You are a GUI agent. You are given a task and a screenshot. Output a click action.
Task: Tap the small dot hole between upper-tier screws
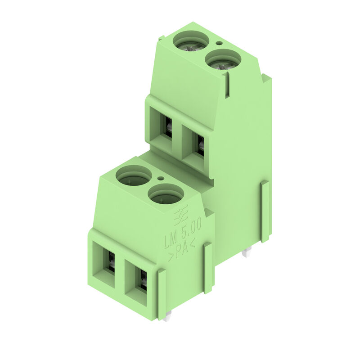click(219, 43)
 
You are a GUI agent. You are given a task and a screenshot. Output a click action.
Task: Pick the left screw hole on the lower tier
click(134, 175)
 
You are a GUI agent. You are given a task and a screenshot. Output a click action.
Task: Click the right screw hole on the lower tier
click(166, 194)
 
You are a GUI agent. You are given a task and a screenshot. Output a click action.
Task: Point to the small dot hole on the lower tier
click(161, 178)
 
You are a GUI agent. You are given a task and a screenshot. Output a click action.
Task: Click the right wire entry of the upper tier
click(197, 144)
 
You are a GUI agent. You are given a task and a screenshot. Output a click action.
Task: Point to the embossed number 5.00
click(192, 227)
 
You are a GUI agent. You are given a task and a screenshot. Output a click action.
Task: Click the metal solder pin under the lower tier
click(167, 317)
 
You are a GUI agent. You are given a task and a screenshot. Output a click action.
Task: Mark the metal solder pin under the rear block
click(245, 253)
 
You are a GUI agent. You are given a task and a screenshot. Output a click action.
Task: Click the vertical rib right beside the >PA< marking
click(207, 268)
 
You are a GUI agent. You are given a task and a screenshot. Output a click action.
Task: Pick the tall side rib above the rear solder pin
click(265, 211)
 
